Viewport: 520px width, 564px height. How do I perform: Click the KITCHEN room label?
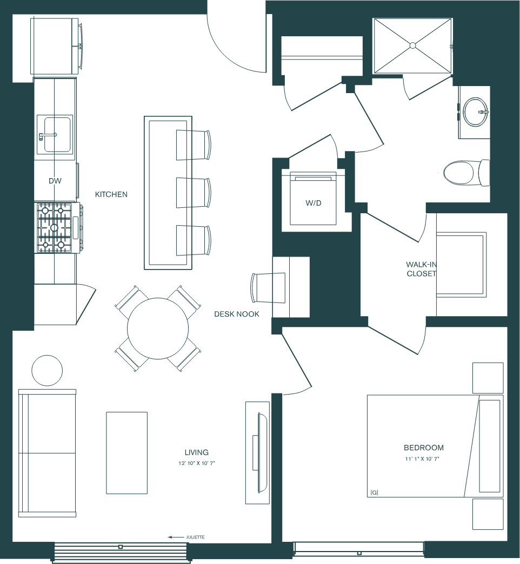tap(111, 194)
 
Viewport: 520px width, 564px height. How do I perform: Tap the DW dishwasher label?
tap(55, 181)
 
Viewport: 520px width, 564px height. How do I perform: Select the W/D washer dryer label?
tap(313, 203)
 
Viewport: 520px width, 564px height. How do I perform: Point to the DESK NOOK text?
tap(237, 314)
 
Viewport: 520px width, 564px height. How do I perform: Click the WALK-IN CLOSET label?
tap(421, 269)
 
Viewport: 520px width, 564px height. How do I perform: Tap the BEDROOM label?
tap(424, 448)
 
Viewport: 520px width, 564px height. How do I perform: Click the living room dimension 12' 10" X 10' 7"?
tap(196, 464)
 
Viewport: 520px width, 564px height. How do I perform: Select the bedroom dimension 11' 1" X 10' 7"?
tap(422, 459)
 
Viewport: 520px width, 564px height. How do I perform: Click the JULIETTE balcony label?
tap(195, 537)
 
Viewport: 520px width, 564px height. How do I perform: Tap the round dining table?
tap(158, 328)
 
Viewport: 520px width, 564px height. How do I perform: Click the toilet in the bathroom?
tap(466, 173)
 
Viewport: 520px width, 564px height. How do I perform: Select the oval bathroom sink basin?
tap(475, 112)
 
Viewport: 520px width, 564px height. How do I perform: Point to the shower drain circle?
tap(412, 45)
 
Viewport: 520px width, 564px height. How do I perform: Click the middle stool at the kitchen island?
tap(193, 193)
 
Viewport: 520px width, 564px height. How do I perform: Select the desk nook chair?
tap(268, 287)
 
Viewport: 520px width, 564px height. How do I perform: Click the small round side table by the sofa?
tap(47, 370)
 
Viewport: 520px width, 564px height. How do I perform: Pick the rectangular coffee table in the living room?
tap(127, 453)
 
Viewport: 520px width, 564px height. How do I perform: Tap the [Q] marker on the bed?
tap(374, 493)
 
